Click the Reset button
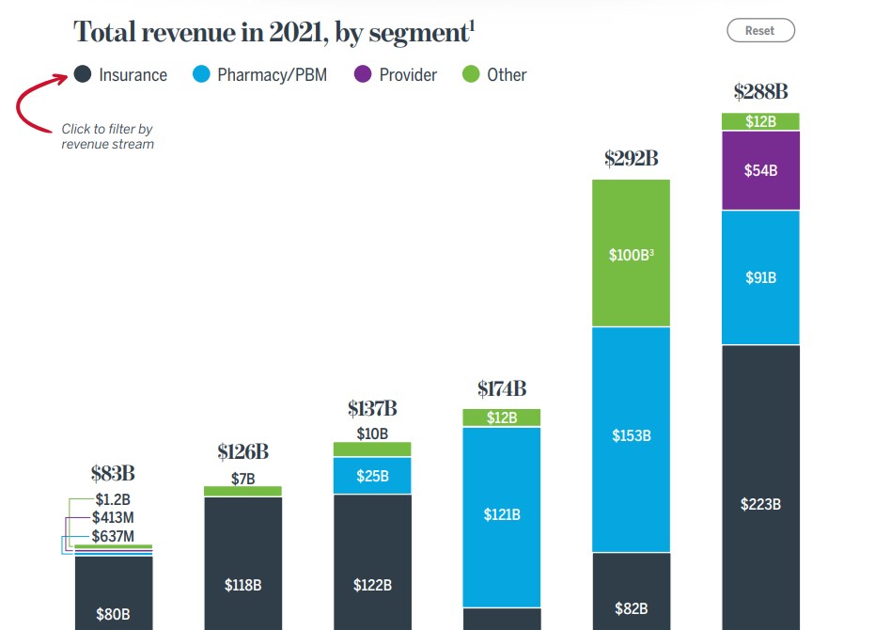coord(760,30)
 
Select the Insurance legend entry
coord(121,75)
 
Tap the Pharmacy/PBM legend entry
coord(259,75)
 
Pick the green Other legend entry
coord(495,75)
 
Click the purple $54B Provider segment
coord(760,170)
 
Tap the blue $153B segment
coord(631,436)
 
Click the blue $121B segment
coord(502,514)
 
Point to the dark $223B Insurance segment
coord(760,504)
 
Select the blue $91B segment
coord(760,277)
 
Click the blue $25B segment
coord(372,476)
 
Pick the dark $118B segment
coord(242,584)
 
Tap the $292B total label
coord(631,158)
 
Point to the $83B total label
coord(114,473)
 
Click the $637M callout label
coord(112,537)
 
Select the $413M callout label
coord(112,517)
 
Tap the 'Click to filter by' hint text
coord(107,129)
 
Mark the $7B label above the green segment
coord(242,479)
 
